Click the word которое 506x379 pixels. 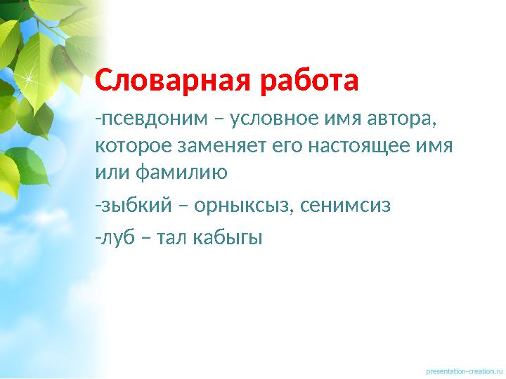[130, 147]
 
